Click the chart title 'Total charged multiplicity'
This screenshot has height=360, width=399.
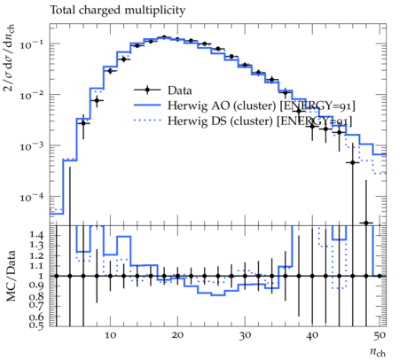coord(117,11)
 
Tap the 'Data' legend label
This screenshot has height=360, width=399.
coord(180,90)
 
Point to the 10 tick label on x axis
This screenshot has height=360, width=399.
coord(110,335)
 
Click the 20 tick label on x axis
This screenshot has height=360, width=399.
coord(177,335)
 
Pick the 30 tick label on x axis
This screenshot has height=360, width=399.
coord(245,335)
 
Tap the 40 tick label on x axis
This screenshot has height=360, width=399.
coord(312,335)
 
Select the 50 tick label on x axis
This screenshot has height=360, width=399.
coord(379,335)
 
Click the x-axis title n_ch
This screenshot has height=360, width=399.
coord(378,352)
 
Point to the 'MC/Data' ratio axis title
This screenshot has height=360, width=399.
coord(11,276)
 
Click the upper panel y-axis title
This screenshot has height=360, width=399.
coord(10,58)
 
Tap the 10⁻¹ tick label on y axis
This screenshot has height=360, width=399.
coord(32,44)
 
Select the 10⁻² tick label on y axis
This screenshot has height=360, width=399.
coord(32,95)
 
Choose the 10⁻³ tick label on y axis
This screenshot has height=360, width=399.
coord(32,146)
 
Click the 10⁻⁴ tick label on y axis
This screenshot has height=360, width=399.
coord(32,197)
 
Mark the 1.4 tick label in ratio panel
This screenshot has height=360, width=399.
coord(36,235)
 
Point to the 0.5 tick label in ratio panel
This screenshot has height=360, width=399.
coord(36,325)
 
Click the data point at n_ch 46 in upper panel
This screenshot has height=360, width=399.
coord(352,162)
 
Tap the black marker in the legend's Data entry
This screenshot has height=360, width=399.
coord(147,90)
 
